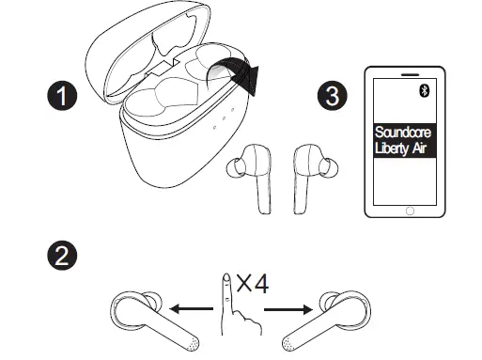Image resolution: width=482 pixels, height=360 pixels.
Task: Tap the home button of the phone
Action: tap(408, 211)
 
